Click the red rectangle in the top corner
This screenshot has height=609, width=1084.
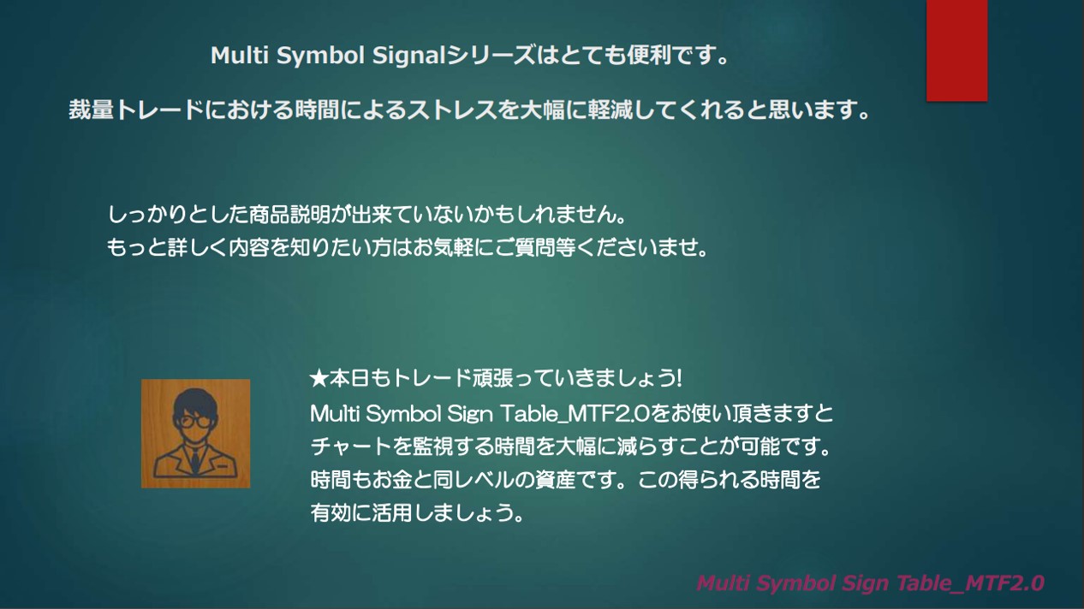tap(956, 50)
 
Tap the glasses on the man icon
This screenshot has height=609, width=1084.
tap(195, 422)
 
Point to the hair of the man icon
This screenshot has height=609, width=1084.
tap(195, 400)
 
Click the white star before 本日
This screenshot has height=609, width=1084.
tap(319, 378)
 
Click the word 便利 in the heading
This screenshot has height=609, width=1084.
tap(649, 56)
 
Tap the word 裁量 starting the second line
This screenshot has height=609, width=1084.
tap(91, 110)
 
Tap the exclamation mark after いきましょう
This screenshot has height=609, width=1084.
tap(679, 378)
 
